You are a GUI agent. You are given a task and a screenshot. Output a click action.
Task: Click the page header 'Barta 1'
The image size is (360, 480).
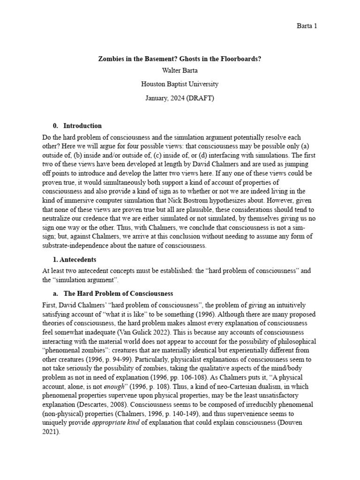(x=307, y=26)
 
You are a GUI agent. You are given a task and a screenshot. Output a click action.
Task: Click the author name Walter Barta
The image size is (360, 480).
(x=180, y=72)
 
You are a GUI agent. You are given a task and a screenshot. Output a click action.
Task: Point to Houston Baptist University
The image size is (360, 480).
(x=180, y=84)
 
